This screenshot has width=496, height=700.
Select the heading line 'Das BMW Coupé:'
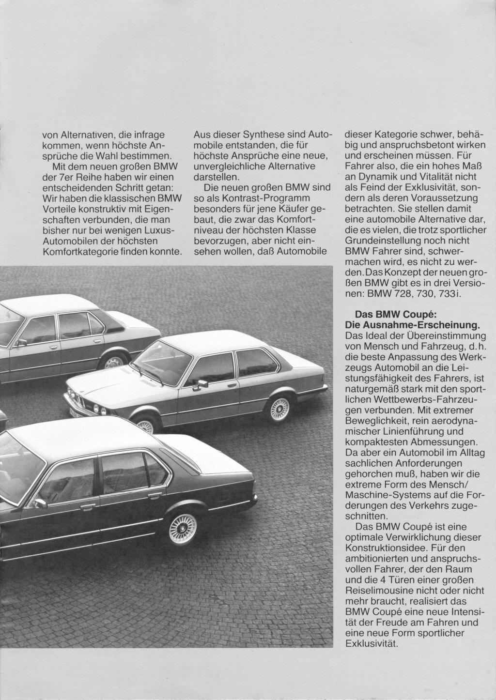(397, 314)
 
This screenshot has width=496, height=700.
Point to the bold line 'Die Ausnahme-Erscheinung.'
(412, 324)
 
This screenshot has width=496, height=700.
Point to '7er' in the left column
(64, 177)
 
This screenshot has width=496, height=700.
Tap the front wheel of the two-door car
(144, 426)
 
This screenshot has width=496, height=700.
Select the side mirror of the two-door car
(203, 383)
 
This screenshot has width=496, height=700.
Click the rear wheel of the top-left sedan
(113, 361)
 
